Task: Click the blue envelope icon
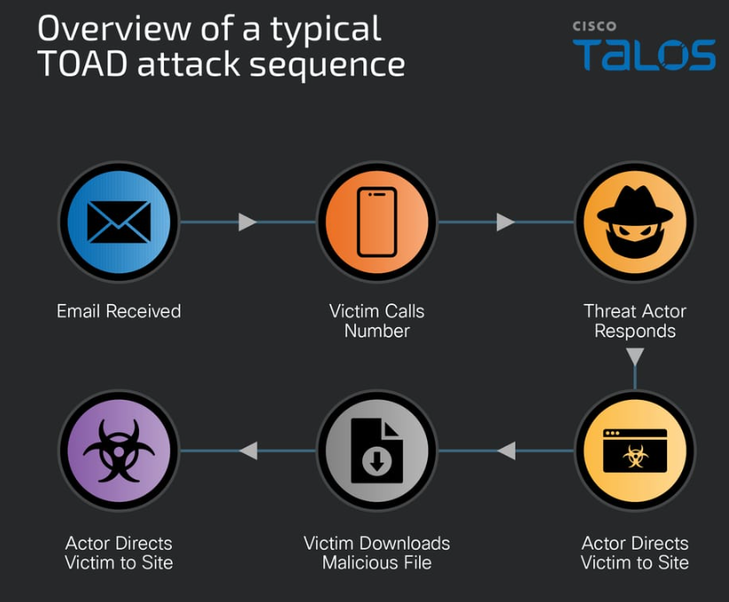[x=119, y=222]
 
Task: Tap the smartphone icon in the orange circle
[x=377, y=222]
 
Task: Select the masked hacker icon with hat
[x=634, y=222]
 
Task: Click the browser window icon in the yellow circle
[x=634, y=450]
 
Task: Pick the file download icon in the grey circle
[x=377, y=450]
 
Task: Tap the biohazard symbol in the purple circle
[x=119, y=450]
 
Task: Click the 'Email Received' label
[x=119, y=311]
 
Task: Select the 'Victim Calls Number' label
[x=377, y=321]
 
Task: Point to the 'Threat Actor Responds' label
[x=634, y=321]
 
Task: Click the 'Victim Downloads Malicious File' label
[x=377, y=552]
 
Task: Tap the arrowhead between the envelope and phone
[x=247, y=222]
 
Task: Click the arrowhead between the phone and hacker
[x=506, y=222]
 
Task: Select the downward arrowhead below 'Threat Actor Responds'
[x=634, y=356]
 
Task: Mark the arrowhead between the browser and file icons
[x=507, y=450]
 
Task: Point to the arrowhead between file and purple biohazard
[x=248, y=450]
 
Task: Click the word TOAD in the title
[x=82, y=63]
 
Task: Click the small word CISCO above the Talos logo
[x=594, y=26]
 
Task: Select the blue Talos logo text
[x=644, y=55]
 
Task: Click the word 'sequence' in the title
[x=328, y=66]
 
